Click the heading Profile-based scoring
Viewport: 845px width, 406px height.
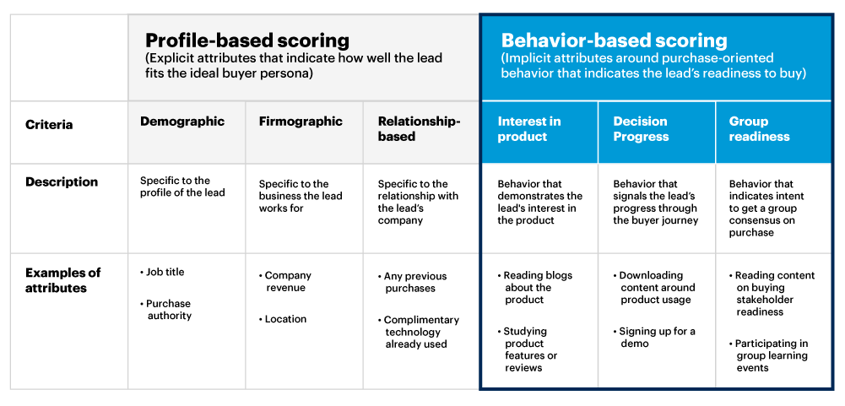point(247,41)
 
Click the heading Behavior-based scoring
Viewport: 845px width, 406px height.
point(614,41)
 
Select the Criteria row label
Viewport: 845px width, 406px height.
point(49,125)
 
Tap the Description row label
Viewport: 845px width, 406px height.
point(62,182)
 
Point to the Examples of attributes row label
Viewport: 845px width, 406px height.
point(63,280)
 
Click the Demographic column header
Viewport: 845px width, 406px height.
point(182,122)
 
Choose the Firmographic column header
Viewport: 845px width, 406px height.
point(301,122)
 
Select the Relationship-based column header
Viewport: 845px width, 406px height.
point(419,128)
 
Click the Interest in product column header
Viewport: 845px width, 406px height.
point(528,128)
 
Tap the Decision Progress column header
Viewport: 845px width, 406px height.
point(641,128)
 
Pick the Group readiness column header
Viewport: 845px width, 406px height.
point(760,128)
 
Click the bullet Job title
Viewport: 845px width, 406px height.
point(165,272)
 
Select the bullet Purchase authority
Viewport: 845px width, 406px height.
point(168,310)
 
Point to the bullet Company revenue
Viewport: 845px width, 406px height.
point(287,281)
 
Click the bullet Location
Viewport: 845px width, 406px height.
point(285,319)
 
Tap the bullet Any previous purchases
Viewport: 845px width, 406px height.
point(414,282)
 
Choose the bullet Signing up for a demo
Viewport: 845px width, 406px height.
point(657,337)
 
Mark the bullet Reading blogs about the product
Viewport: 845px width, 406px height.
point(537,287)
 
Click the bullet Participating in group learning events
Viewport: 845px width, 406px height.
point(771,355)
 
